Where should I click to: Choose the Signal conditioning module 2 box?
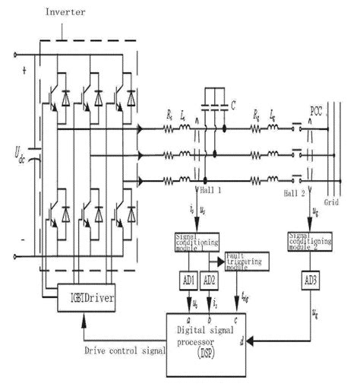click(311, 241)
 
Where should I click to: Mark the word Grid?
click(332, 203)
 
